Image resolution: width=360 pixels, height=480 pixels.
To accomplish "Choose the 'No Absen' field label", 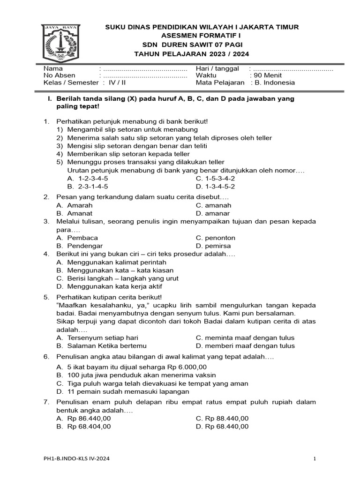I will (59, 75).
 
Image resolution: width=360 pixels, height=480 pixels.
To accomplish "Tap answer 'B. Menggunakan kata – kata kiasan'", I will (115, 270).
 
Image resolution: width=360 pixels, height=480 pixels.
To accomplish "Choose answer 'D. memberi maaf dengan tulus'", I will (246, 346).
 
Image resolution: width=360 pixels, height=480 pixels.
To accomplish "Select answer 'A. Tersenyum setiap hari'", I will (97, 338).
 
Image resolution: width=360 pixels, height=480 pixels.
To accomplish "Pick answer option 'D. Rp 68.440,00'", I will (222, 427).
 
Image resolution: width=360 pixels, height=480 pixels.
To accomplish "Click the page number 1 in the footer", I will (315, 458).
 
